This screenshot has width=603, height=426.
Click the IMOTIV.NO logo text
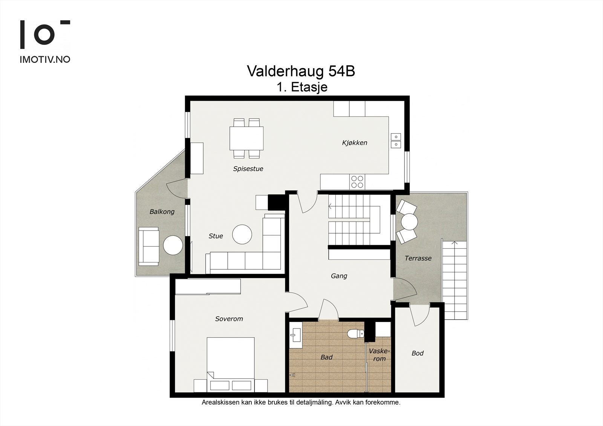tap(45, 60)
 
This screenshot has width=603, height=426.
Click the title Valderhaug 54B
tap(301, 71)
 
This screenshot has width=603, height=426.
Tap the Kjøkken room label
tap(354, 143)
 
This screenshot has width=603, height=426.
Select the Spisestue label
tap(248, 169)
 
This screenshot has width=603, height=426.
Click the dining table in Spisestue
tap(246, 138)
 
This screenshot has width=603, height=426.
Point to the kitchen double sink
tap(396, 140)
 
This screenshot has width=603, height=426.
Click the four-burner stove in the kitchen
tap(357, 182)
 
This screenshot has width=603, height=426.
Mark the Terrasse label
tap(418, 258)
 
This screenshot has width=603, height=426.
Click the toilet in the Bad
tap(355, 333)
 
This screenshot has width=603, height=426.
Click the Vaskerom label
tap(379, 355)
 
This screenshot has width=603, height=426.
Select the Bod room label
tap(417, 353)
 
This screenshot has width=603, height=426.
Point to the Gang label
tap(339, 276)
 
